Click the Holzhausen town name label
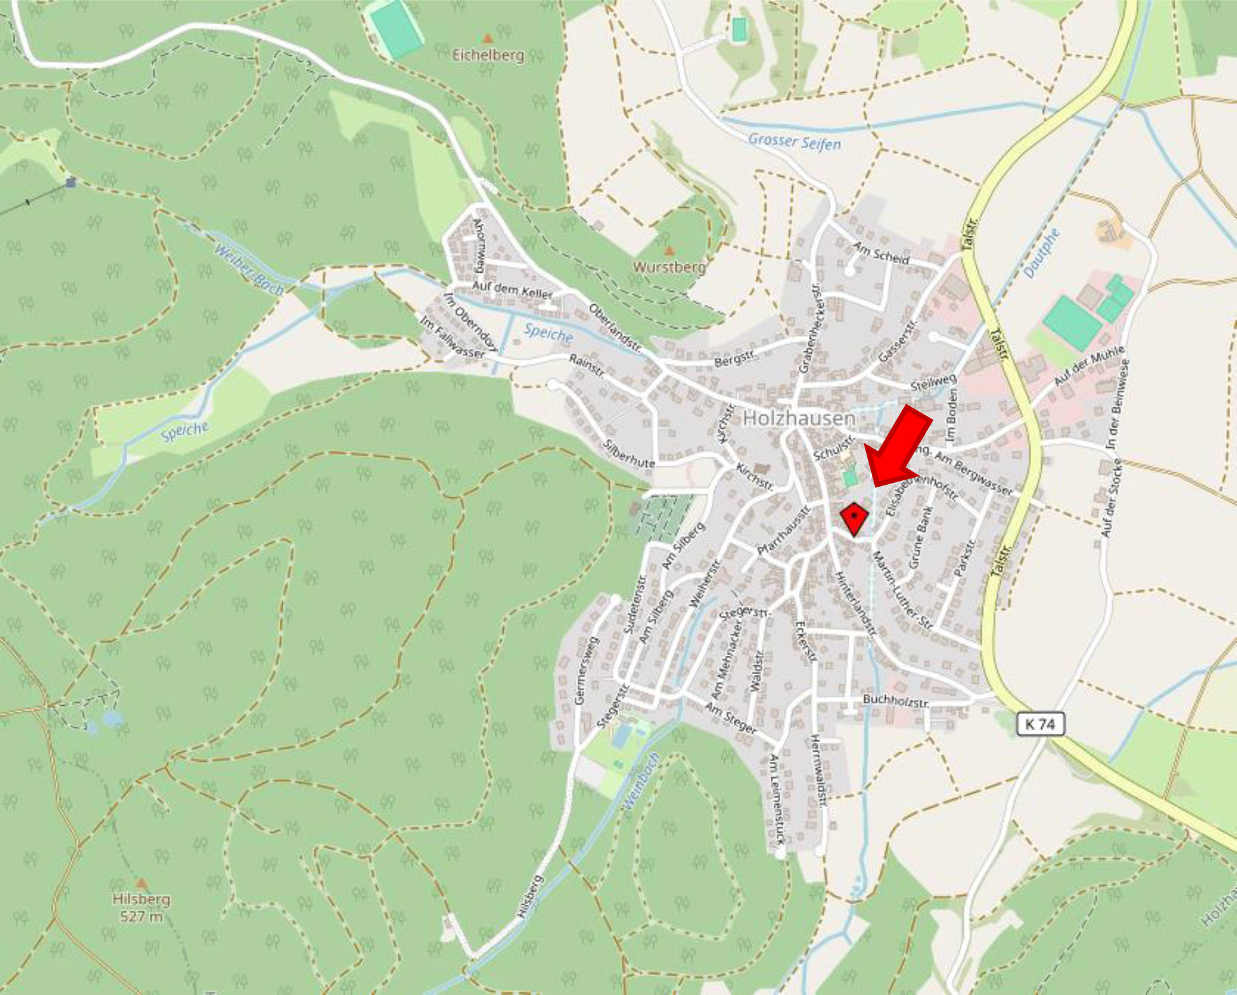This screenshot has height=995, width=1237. click(799, 418)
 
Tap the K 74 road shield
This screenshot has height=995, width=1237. click(1040, 724)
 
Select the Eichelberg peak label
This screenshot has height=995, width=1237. click(488, 55)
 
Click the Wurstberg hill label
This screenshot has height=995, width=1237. click(669, 267)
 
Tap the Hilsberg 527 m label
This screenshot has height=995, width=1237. click(141, 907)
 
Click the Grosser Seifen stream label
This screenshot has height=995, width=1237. click(794, 142)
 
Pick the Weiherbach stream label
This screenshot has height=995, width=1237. click(248, 269)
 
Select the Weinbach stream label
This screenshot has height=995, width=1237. click(641, 782)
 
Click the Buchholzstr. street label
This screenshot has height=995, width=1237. click(896, 701)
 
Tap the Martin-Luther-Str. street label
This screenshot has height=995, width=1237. click(902, 591)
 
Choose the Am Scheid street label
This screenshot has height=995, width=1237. click(881, 253)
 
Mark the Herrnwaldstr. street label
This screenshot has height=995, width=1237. click(818, 771)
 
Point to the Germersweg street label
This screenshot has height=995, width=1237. click(586, 670)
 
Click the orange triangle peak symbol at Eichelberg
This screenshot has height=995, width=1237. click(488, 39)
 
